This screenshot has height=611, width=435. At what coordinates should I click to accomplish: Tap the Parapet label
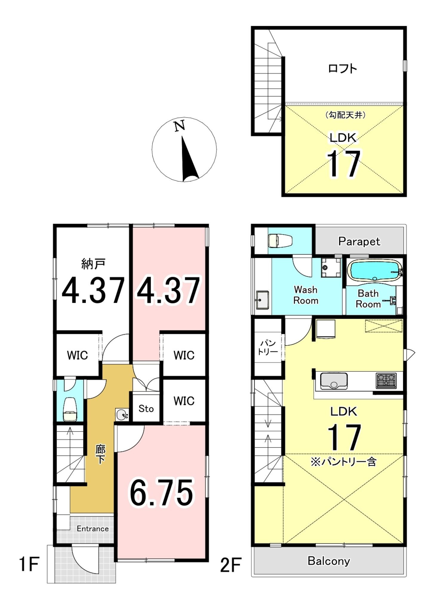pos(359,241)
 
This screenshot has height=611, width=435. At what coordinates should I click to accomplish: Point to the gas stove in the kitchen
pos(386,381)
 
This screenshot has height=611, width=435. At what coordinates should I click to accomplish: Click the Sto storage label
pos(146,408)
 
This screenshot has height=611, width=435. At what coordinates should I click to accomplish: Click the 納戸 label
pos(93,264)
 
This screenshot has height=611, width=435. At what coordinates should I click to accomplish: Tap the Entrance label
pos(93,529)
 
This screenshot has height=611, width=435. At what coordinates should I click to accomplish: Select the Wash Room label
pos(306,295)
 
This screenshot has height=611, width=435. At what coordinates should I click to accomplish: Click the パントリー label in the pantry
pos(268,347)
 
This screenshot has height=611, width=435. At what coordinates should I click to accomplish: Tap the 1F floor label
pos(29,564)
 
